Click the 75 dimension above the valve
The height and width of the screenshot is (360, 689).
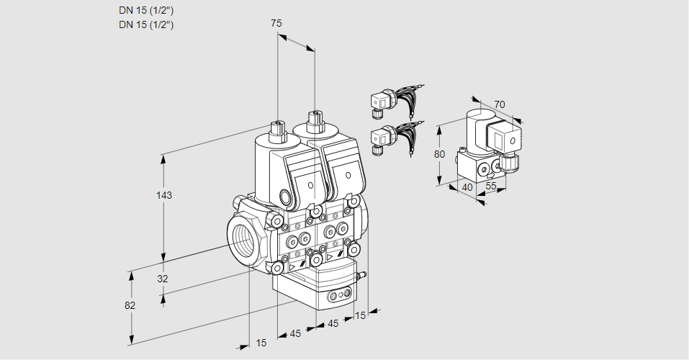pos(276,24)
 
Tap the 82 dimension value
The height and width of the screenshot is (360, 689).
pos(130,305)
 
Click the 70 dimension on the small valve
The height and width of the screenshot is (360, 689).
pos(500,104)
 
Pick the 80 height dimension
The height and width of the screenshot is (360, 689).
pos(440,153)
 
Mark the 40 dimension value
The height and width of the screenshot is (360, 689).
pos(466,187)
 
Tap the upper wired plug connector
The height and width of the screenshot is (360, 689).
pos(382,102)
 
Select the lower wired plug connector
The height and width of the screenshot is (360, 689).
pos(382,137)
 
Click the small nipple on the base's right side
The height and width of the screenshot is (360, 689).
pos(362,274)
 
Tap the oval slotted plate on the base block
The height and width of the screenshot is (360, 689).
pos(340,296)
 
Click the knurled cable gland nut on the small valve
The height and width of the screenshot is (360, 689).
pos(510,163)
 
